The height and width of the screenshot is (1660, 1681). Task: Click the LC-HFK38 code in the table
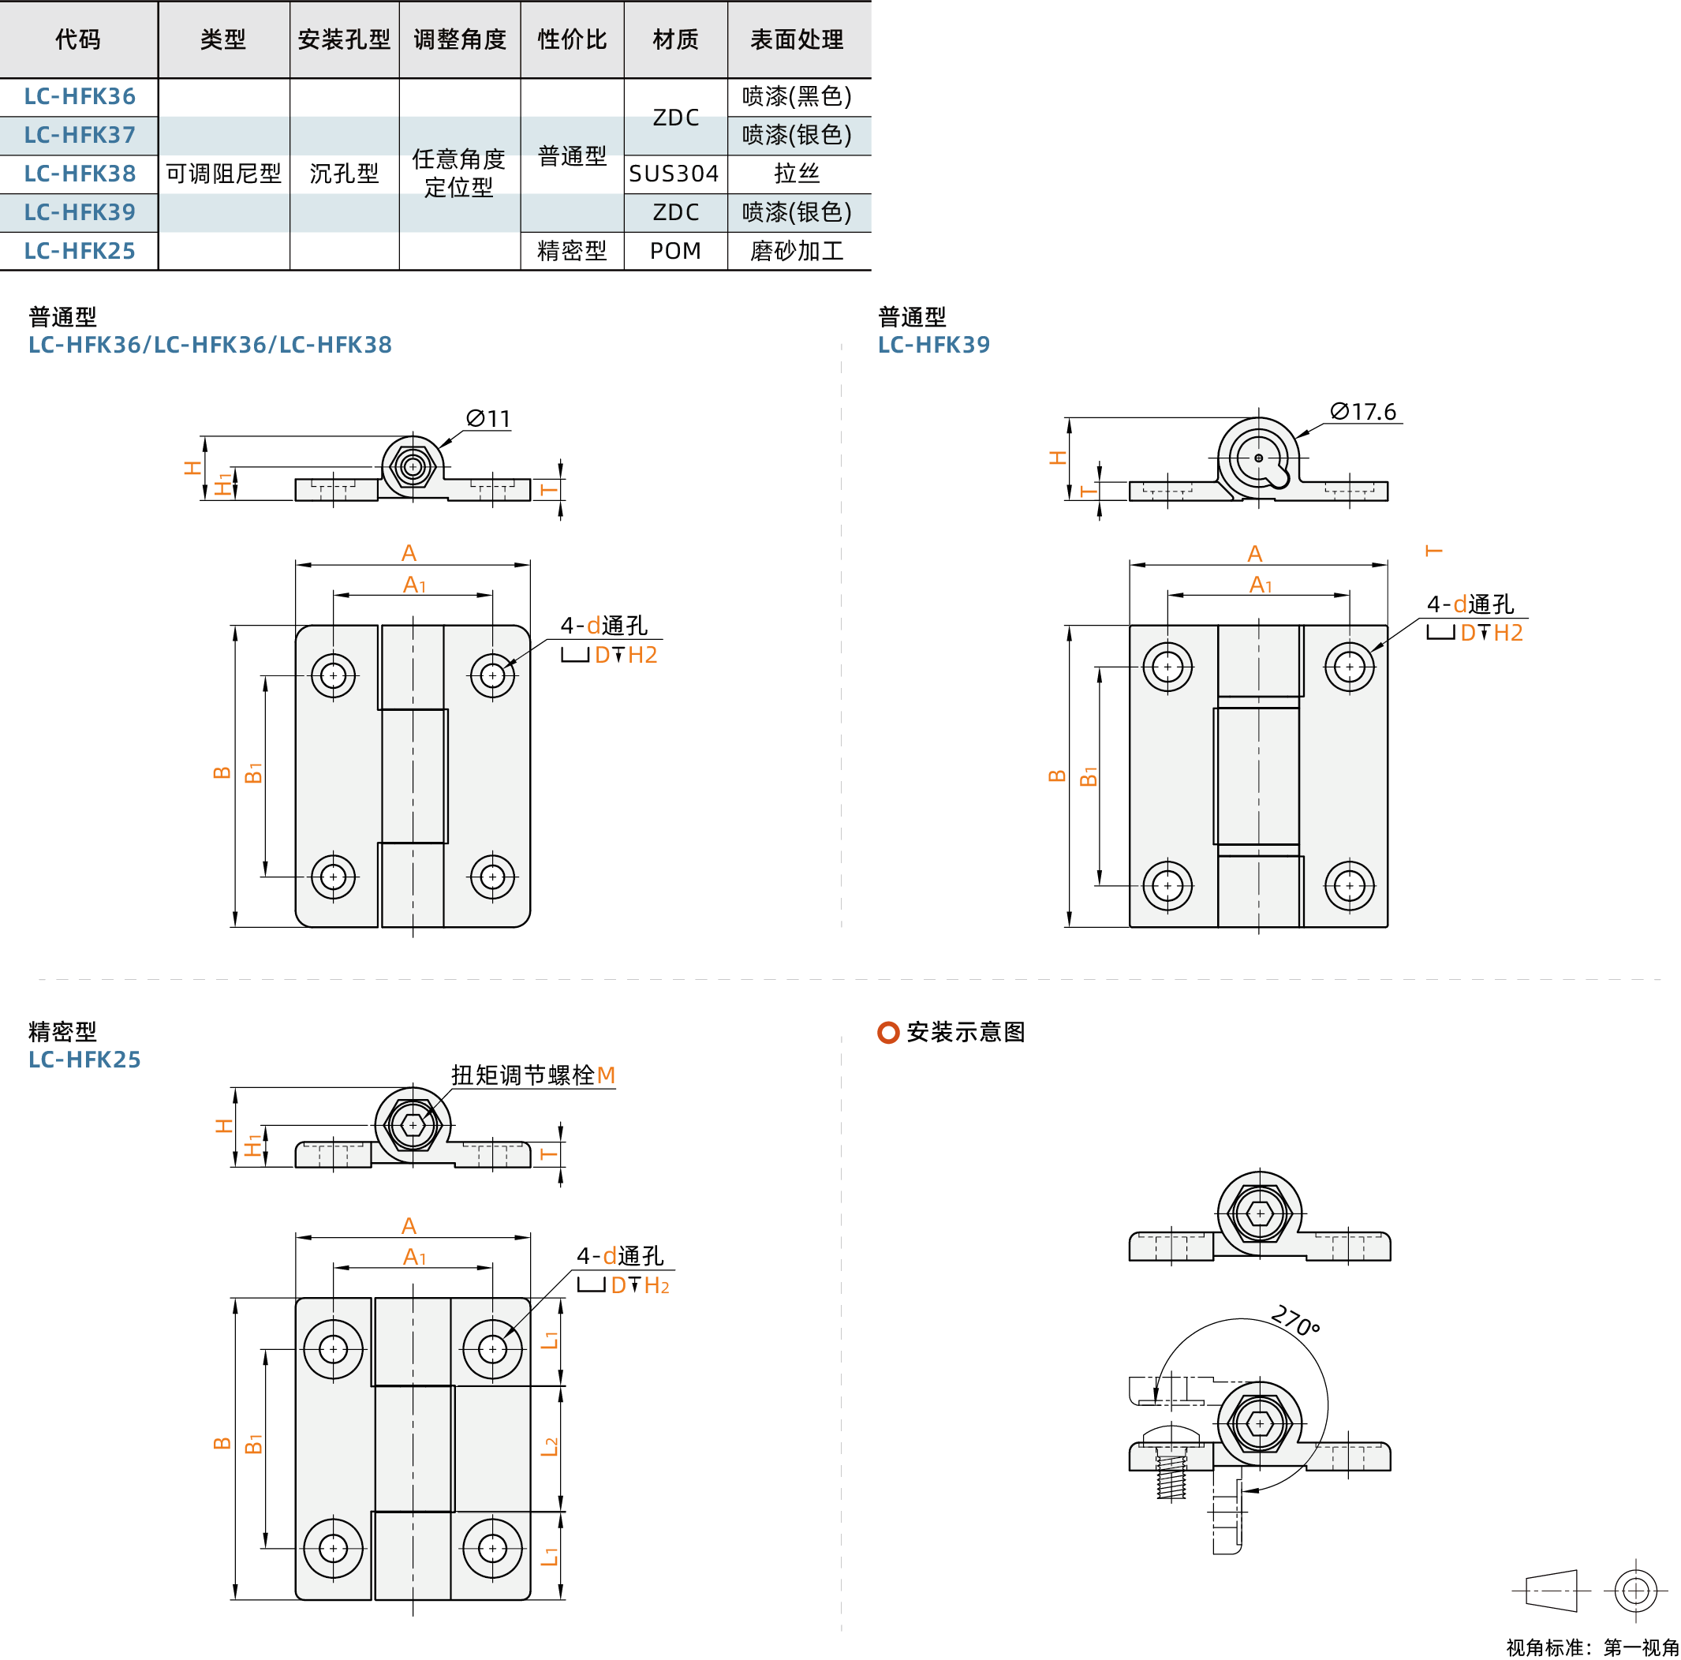click(x=79, y=173)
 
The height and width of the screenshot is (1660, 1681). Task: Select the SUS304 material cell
click(x=674, y=173)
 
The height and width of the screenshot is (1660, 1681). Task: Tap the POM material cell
click(x=674, y=251)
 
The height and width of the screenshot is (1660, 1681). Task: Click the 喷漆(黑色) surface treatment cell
click(x=796, y=95)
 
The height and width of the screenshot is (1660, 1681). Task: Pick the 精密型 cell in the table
click(x=571, y=251)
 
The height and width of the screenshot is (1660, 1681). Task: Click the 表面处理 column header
click(x=796, y=39)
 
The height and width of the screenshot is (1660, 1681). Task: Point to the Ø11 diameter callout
click(x=488, y=418)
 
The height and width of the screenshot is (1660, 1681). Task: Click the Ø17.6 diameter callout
click(x=1362, y=412)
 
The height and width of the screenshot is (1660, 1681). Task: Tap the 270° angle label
click(x=1294, y=1320)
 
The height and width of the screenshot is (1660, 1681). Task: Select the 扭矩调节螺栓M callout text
click(x=532, y=1075)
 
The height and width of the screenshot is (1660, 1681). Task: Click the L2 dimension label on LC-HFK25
click(x=549, y=1447)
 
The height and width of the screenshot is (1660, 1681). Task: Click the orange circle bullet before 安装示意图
click(x=887, y=1032)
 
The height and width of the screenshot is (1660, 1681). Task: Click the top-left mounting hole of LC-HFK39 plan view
click(x=1167, y=667)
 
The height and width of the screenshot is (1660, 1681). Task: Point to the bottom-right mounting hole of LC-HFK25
click(x=492, y=1548)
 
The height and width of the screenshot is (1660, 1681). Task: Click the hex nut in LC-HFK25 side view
click(x=413, y=1124)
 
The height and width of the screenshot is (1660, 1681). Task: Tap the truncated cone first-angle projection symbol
click(x=1552, y=1591)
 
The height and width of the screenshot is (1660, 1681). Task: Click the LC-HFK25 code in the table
click(x=79, y=251)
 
